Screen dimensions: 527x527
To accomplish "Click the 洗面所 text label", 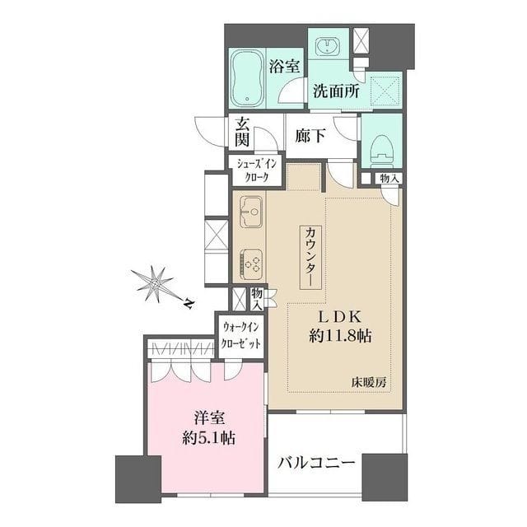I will pyautogui.click(x=335, y=92).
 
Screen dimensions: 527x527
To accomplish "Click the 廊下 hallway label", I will pyautogui.click(x=310, y=134).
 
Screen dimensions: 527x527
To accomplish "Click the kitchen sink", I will pyautogui.click(x=250, y=212).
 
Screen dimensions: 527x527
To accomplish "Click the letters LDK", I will pyautogui.click(x=341, y=317).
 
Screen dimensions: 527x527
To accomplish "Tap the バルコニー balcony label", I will pyautogui.click(x=315, y=463).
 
